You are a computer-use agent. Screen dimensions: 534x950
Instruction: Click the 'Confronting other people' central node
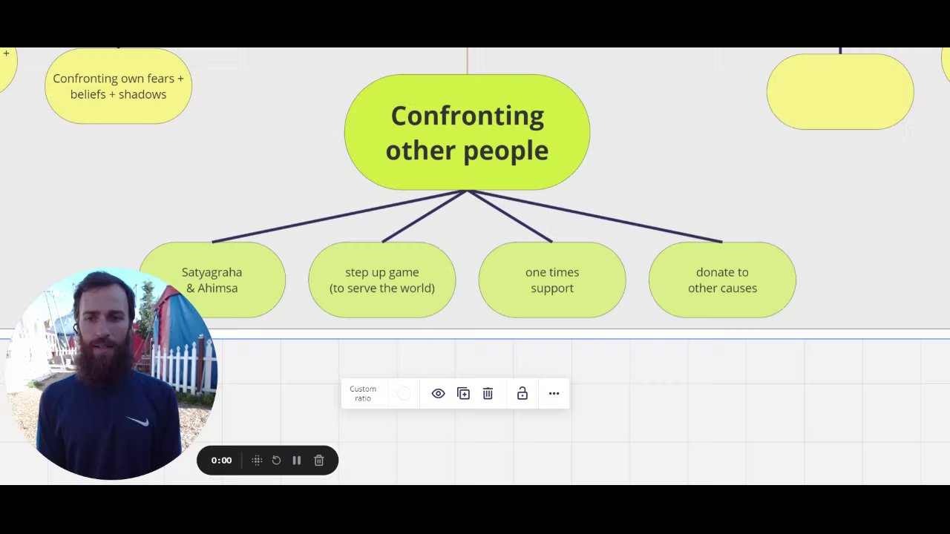point(467,132)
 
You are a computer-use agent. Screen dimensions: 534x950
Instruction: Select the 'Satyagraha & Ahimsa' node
point(212,280)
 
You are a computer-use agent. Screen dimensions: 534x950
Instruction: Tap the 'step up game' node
point(381,280)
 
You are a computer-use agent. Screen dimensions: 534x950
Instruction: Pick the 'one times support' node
point(552,280)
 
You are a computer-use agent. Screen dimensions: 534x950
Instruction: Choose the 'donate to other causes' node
point(722,280)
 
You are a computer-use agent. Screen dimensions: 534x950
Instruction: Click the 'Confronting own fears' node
point(118,86)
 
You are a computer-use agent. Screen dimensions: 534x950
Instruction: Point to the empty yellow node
point(839,92)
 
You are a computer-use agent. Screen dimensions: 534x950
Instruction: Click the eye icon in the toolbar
point(438,394)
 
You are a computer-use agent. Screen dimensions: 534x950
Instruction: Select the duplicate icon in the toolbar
point(463,394)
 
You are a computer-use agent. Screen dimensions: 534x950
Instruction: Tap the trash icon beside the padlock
point(488,394)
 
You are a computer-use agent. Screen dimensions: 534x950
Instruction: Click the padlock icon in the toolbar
point(522,394)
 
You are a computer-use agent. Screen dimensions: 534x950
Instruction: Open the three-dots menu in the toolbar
point(554,394)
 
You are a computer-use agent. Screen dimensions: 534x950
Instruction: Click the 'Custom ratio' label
point(363,394)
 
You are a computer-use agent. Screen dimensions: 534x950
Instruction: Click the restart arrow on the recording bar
point(276,461)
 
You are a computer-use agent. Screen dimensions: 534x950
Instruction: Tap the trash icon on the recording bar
point(319,461)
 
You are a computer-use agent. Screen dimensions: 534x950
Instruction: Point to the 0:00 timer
point(221,461)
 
